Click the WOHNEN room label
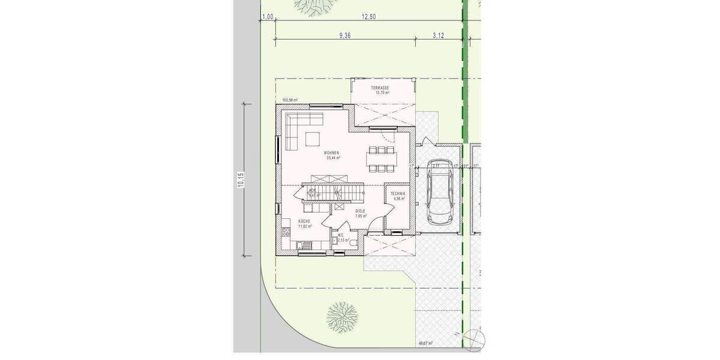click(x=332, y=153)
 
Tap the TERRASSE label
click(x=380, y=88)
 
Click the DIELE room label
click(x=360, y=211)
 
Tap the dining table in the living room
click(x=381, y=158)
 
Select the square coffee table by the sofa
click(x=313, y=139)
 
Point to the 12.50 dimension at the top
click(x=368, y=17)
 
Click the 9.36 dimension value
click(x=344, y=36)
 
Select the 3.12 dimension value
click(x=438, y=36)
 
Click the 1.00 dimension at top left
click(x=268, y=17)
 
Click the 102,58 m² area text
click(x=290, y=100)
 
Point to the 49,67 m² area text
click(x=425, y=343)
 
